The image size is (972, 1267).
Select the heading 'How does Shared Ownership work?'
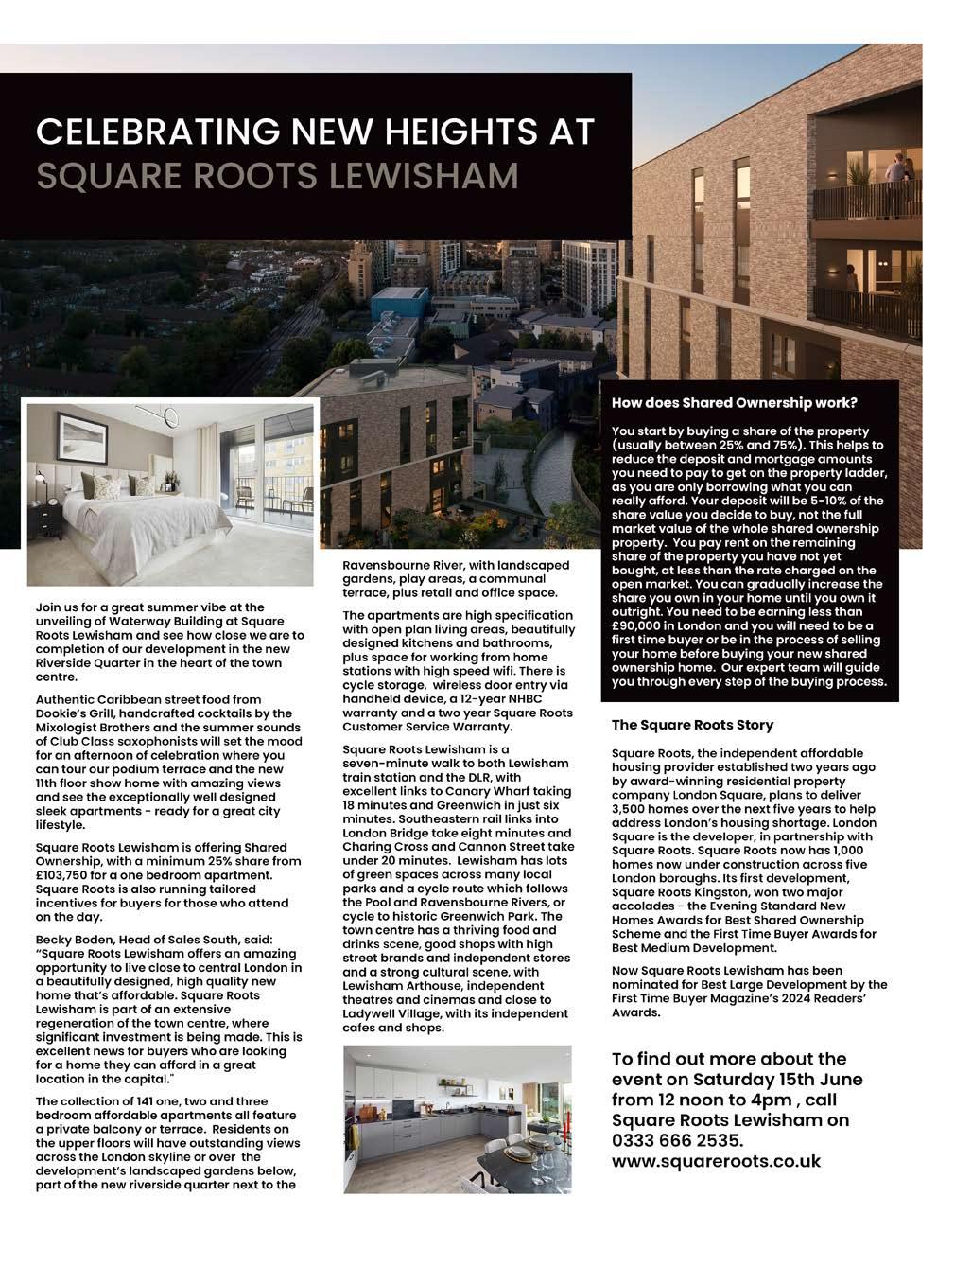click(734, 403)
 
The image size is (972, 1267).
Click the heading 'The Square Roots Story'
click(692, 725)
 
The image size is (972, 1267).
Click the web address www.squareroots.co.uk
click(716, 1161)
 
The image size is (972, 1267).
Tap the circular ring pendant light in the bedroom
click(171, 418)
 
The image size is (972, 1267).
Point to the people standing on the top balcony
click(895, 171)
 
